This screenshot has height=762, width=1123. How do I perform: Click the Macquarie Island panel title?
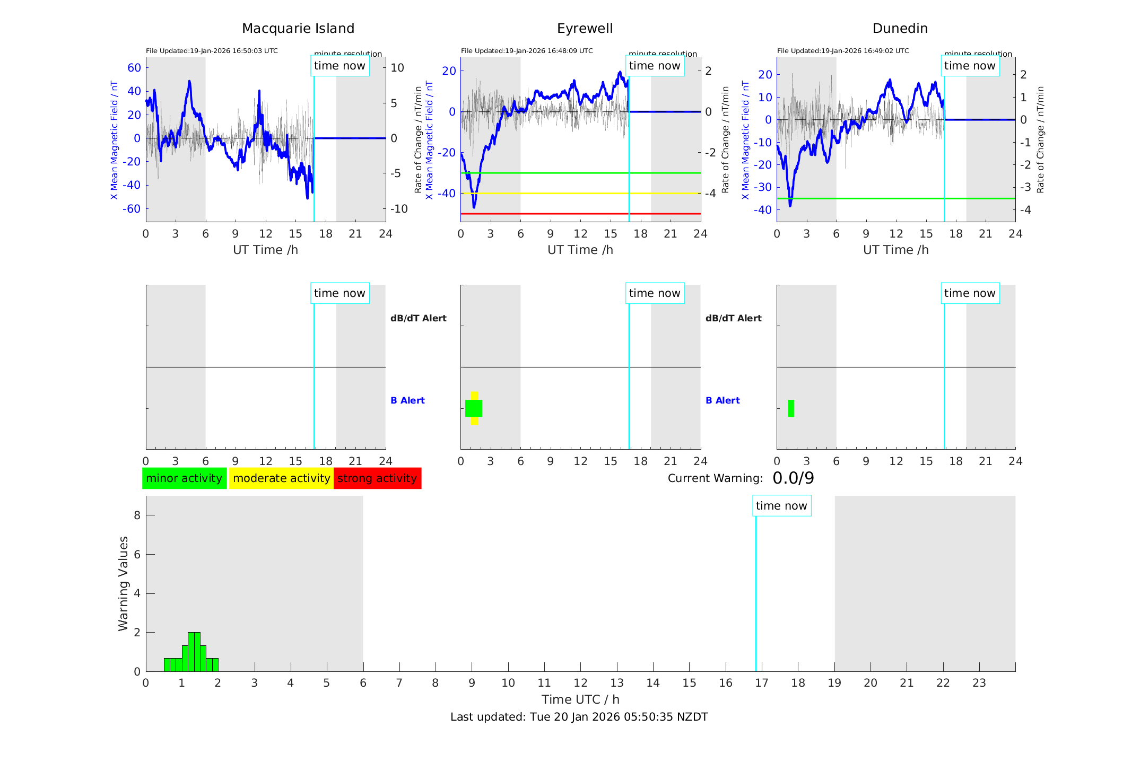pyautogui.click(x=298, y=29)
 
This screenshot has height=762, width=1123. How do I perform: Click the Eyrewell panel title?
pyautogui.click(x=585, y=29)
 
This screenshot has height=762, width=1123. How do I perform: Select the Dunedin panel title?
pyautogui.click(x=900, y=29)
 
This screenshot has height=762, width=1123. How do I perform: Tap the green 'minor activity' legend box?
pyautogui.click(x=184, y=478)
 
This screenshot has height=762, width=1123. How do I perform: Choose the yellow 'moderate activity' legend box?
pyautogui.click(x=281, y=478)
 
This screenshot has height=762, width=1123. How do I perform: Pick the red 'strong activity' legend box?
pyautogui.click(x=377, y=478)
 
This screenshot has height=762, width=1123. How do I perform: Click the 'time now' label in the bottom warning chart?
pyautogui.click(x=781, y=506)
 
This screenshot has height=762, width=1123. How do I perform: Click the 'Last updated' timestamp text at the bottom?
pyautogui.click(x=579, y=717)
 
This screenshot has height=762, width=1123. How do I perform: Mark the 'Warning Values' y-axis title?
pyautogui.click(x=123, y=583)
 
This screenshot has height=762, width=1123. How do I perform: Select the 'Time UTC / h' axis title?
pyautogui.click(x=580, y=699)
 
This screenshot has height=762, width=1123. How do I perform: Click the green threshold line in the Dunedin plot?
pyautogui.click(x=902, y=198)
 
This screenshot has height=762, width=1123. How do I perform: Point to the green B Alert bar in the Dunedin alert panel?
pyautogui.click(x=791, y=408)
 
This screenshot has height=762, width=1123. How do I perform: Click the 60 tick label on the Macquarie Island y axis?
pyautogui.click(x=134, y=67)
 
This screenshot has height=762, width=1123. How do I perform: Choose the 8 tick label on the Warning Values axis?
pyautogui.click(x=137, y=515)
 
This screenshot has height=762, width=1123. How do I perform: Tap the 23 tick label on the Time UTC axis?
pyautogui.click(x=979, y=683)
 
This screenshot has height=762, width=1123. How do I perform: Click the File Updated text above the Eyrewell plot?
pyautogui.click(x=527, y=51)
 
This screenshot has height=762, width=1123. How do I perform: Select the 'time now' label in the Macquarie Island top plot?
pyautogui.click(x=339, y=66)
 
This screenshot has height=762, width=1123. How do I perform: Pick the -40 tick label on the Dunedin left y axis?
pyautogui.click(x=764, y=210)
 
